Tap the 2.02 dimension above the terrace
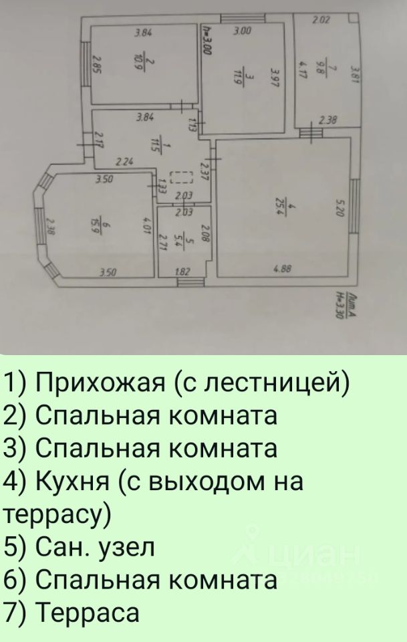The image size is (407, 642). [x=321, y=21]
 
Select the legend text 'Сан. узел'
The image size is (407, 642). [x=94, y=547]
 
